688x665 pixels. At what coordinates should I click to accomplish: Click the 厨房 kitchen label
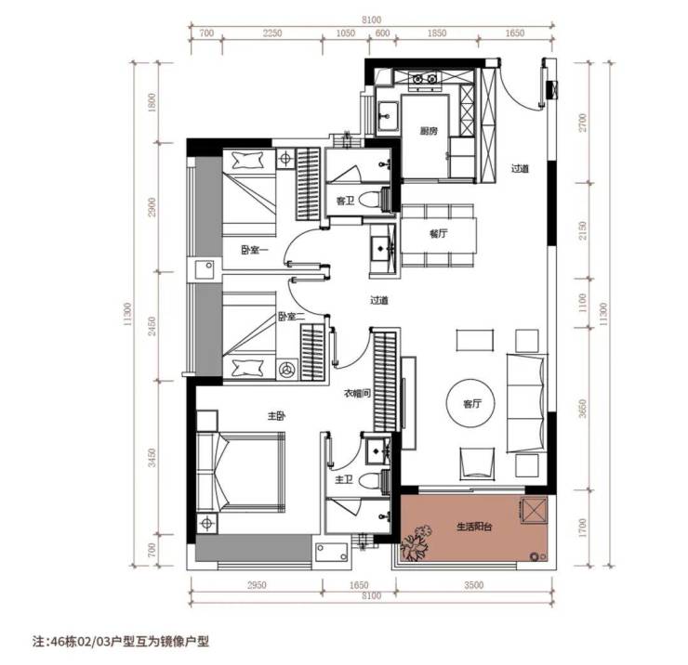(x=429, y=131)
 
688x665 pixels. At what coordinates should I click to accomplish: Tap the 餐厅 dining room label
(x=438, y=234)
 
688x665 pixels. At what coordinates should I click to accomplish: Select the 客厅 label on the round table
(x=471, y=404)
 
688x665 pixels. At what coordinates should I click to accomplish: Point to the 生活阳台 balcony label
(x=474, y=526)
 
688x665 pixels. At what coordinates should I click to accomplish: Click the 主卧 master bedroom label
(x=276, y=416)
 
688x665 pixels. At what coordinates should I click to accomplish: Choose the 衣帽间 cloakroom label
(x=357, y=394)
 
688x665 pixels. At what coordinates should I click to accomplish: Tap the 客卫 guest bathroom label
(x=345, y=201)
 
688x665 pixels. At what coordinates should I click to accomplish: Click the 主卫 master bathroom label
(x=344, y=480)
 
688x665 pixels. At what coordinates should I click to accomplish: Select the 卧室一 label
(x=255, y=251)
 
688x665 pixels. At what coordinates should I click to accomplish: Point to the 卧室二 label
(x=291, y=316)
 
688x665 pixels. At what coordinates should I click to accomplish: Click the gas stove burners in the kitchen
(x=424, y=78)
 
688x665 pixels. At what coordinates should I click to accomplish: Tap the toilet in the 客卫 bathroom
(x=369, y=201)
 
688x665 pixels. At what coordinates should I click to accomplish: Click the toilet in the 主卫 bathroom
(x=369, y=481)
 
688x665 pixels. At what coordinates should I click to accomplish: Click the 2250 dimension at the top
(x=272, y=33)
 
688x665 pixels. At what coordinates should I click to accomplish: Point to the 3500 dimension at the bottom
(x=474, y=585)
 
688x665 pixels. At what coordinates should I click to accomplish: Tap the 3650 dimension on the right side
(x=582, y=408)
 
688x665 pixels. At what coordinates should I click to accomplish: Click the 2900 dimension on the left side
(x=152, y=207)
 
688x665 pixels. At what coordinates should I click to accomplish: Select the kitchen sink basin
(x=388, y=116)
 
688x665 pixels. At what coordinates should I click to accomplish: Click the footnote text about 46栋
(x=121, y=642)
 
